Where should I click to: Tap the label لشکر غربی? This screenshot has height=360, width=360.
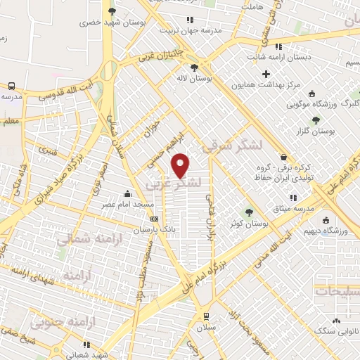(173, 184)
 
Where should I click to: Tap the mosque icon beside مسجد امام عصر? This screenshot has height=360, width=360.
(127, 193)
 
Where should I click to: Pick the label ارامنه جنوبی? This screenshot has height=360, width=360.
(67, 322)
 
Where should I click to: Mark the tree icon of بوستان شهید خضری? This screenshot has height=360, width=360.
(112, 11)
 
